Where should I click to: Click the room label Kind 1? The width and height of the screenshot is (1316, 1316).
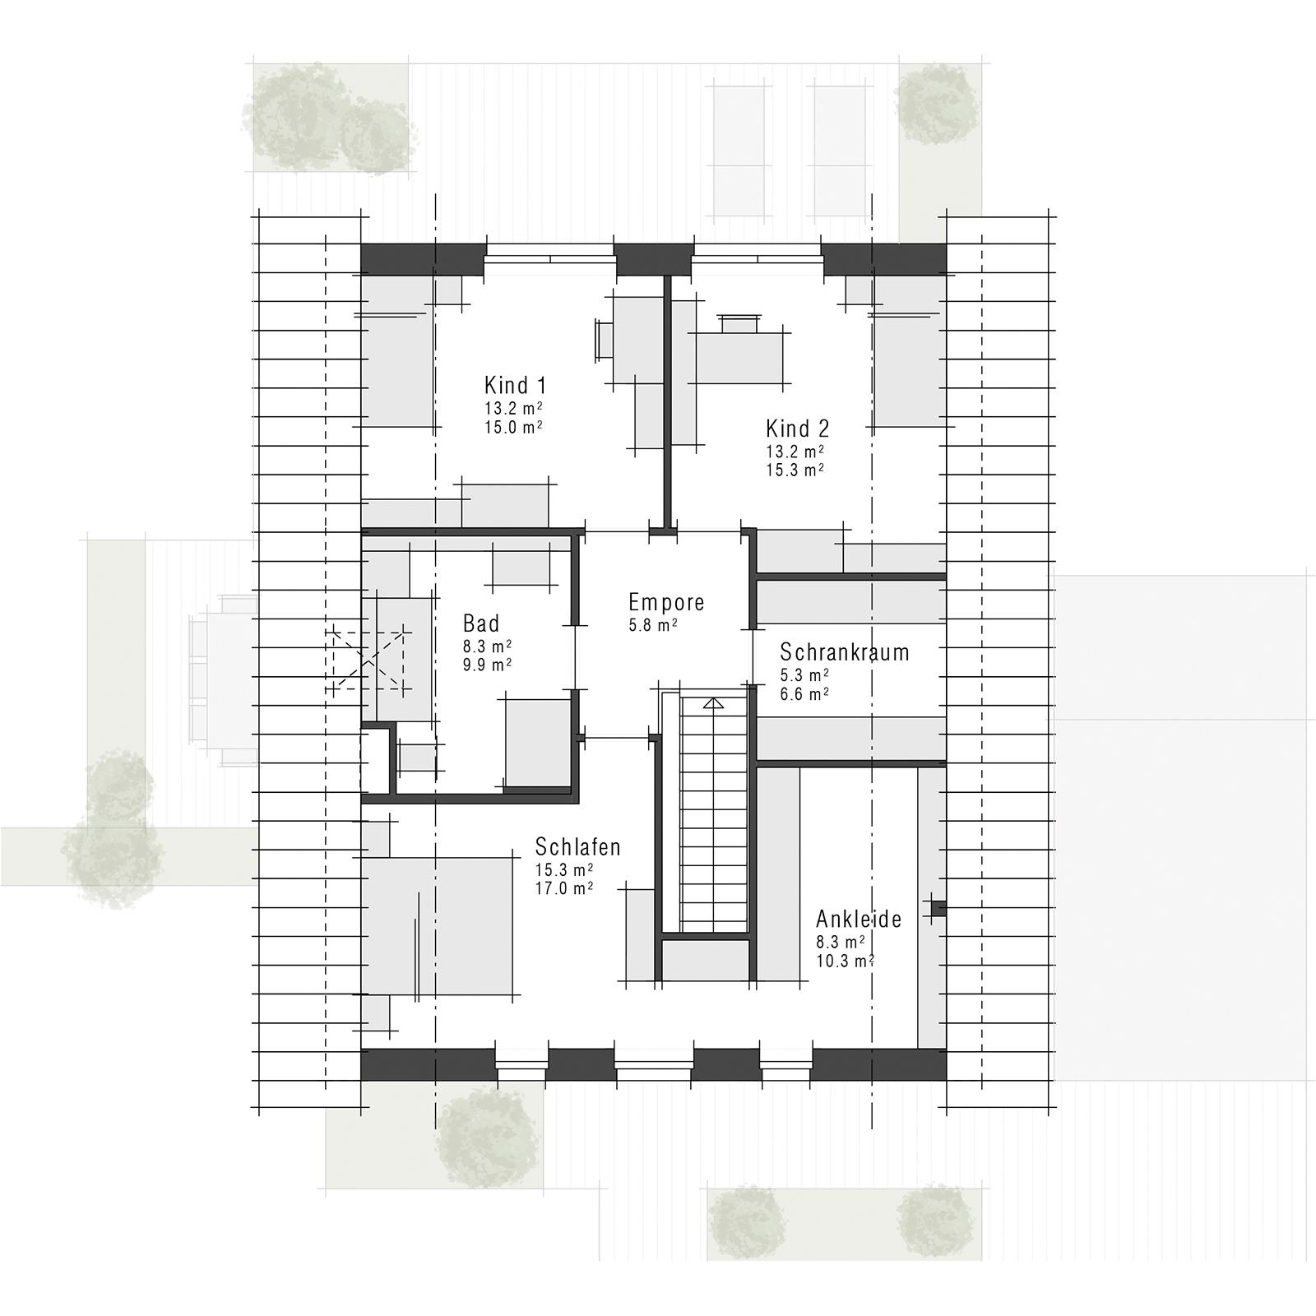point(515,385)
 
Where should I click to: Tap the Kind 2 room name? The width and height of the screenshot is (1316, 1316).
point(797,429)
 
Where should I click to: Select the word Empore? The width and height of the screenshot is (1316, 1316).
point(666,602)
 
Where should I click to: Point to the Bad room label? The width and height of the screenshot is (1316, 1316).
point(481,623)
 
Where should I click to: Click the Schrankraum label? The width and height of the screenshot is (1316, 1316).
point(844,652)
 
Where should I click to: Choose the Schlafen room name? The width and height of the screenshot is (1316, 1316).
point(577,847)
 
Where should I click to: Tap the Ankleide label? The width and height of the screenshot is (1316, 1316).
point(859,919)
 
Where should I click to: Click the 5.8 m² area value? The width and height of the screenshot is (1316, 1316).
point(653,625)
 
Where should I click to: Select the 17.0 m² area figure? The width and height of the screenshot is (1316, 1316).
point(564,889)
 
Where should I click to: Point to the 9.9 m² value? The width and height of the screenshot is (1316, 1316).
point(487,665)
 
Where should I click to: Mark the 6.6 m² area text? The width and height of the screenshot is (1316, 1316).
point(804,694)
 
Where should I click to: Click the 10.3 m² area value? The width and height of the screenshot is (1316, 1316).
point(845,961)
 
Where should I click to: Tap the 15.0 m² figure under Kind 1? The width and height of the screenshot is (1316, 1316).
point(513,427)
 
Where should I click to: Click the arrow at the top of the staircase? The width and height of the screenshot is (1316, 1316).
point(712,703)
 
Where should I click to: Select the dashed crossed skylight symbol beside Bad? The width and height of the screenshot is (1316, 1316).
point(368,660)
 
